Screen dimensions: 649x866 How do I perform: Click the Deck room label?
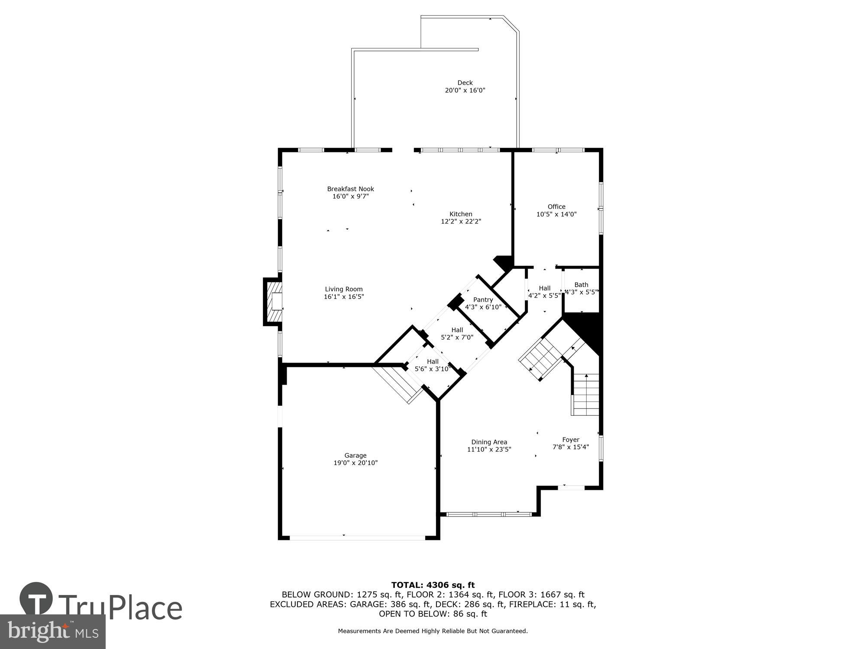point(465,83)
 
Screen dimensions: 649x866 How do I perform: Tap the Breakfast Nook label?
point(350,189)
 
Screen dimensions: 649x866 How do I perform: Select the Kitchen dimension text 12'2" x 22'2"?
point(461,222)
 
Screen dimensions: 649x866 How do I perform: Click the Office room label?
point(556,206)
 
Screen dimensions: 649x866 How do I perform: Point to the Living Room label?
point(344,289)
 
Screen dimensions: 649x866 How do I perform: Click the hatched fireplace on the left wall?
point(274,302)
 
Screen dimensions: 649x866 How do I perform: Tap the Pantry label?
point(483,299)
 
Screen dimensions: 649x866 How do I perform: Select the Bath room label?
point(581,284)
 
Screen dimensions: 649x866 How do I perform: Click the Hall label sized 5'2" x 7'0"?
point(457,330)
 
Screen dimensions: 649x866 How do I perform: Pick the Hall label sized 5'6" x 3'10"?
point(433,362)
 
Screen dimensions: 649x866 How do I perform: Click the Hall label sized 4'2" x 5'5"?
point(544,288)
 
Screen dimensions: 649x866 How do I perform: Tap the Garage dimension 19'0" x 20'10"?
point(355,463)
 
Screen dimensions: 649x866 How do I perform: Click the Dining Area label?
point(489,442)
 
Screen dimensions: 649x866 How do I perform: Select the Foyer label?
point(570,440)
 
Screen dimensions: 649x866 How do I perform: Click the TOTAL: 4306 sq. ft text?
point(433,585)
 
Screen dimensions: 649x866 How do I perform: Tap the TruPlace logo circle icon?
point(36,599)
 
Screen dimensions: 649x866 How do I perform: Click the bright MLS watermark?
point(52,631)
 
